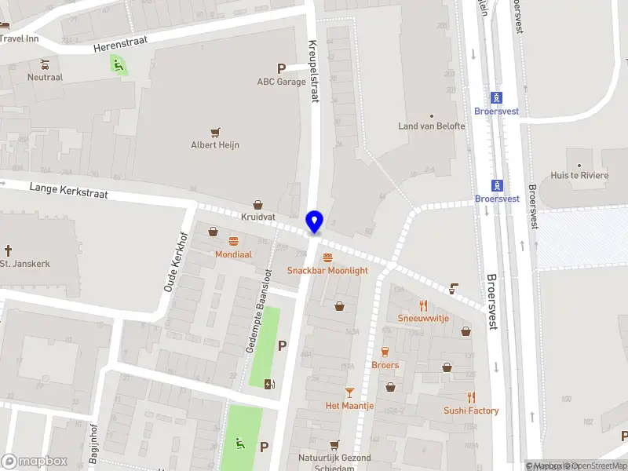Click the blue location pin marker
(315, 221)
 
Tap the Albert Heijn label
(215, 144)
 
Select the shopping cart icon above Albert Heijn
(215, 132)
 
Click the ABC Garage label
(281, 82)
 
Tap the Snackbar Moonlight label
(327, 270)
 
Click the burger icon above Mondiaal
(233, 241)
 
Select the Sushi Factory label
(471, 411)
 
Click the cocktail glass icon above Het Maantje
(350, 392)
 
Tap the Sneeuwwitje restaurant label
(423, 318)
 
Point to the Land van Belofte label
(431, 126)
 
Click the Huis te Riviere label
(579, 175)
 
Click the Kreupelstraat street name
(313, 71)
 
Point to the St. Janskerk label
(24, 264)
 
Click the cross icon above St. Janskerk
(9, 250)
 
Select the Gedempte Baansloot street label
(258, 310)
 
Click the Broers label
(385, 365)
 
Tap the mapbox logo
(34, 461)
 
